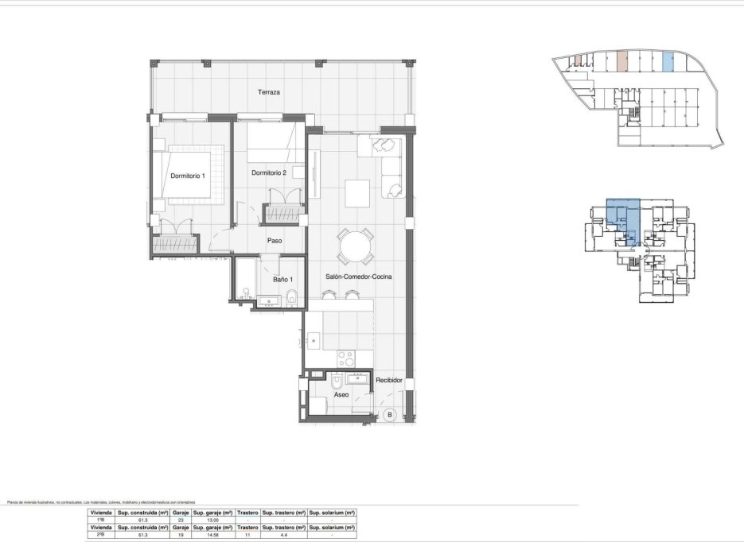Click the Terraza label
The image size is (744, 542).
click(x=269, y=92)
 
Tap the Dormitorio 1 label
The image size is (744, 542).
click(x=188, y=176)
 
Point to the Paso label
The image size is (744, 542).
click(x=275, y=241)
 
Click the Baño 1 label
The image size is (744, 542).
click(x=283, y=279)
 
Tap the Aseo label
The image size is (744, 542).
click(x=341, y=394)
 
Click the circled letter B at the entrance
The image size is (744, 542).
click(x=390, y=414)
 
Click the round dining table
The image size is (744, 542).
click(x=354, y=247)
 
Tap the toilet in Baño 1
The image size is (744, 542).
click(x=292, y=298)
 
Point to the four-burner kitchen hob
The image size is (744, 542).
click(x=347, y=358)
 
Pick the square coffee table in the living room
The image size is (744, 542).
click(x=356, y=192)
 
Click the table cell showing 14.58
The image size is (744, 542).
click(x=213, y=535)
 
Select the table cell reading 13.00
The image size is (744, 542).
click(x=213, y=520)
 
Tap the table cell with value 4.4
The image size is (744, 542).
click(x=283, y=535)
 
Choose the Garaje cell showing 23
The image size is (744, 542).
click(x=181, y=520)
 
